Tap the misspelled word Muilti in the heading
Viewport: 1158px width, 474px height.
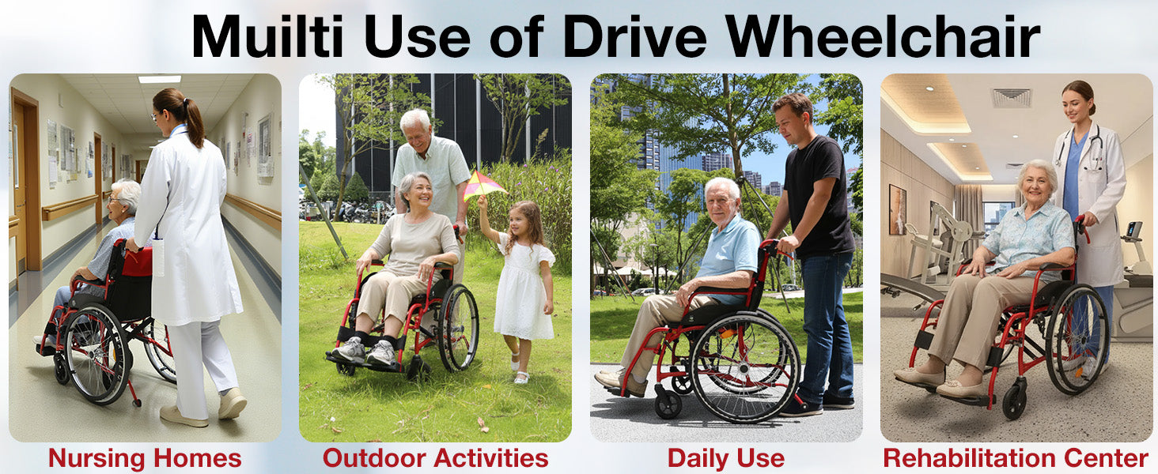click(267, 36)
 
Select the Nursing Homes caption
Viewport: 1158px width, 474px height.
click(145, 458)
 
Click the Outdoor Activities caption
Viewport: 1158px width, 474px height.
click(435, 458)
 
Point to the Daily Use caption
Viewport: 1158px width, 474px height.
click(726, 458)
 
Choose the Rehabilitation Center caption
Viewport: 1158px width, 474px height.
click(1016, 458)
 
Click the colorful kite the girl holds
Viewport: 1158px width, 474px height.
click(483, 186)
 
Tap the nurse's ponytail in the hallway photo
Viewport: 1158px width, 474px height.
click(193, 122)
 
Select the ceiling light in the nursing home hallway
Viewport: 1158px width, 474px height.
click(159, 79)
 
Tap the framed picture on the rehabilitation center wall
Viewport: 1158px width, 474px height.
click(898, 209)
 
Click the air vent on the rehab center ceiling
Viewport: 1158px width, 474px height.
click(1011, 98)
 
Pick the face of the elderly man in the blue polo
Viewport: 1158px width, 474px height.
click(722, 204)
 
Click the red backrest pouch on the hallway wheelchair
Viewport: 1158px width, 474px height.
click(138, 261)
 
